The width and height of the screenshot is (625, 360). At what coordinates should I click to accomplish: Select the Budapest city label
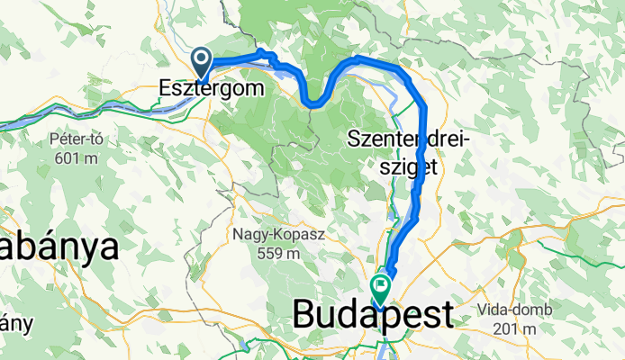[373, 317]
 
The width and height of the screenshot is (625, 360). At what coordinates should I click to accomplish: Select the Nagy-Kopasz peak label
[278, 235]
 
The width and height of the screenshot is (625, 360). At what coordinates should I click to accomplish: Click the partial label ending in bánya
[59, 246]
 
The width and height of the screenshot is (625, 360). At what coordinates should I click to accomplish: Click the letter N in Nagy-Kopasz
[239, 235]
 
